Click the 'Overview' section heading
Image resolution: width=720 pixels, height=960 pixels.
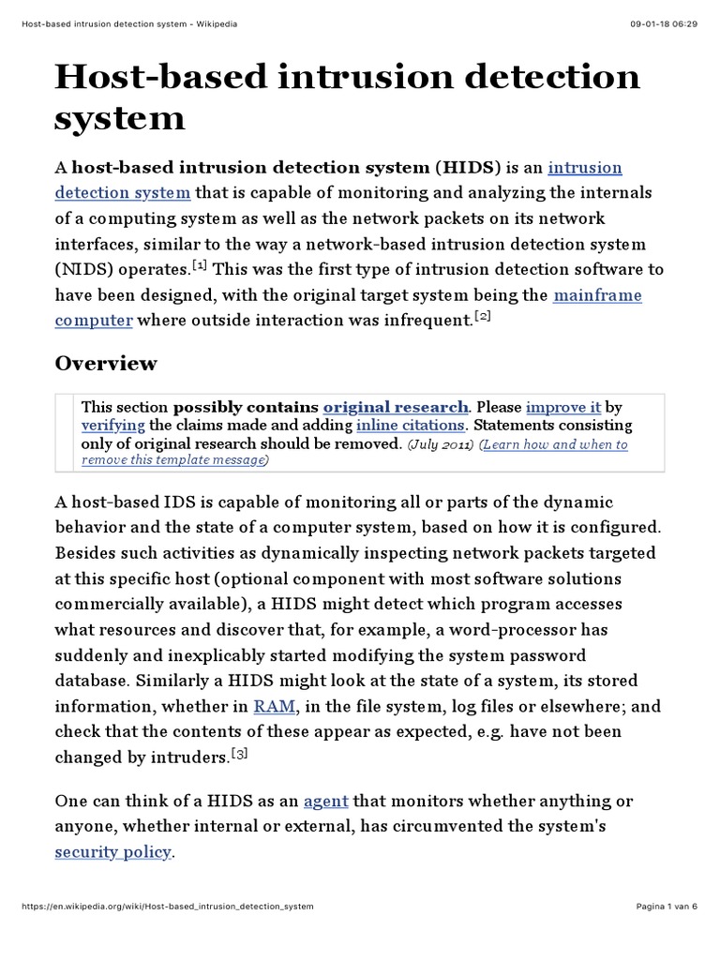(106, 363)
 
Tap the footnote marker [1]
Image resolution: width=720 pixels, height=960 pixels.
(199, 266)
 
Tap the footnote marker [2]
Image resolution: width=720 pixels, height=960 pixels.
(482, 317)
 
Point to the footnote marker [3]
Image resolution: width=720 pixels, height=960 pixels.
(264, 753)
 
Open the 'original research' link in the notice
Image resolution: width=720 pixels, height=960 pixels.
(395, 407)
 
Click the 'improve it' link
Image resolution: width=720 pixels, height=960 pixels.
(562, 407)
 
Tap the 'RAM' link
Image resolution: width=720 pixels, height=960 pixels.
(275, 681)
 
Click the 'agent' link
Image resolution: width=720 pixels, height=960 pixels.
(326, 802)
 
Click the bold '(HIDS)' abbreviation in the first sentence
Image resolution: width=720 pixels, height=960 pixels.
(468, 168)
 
